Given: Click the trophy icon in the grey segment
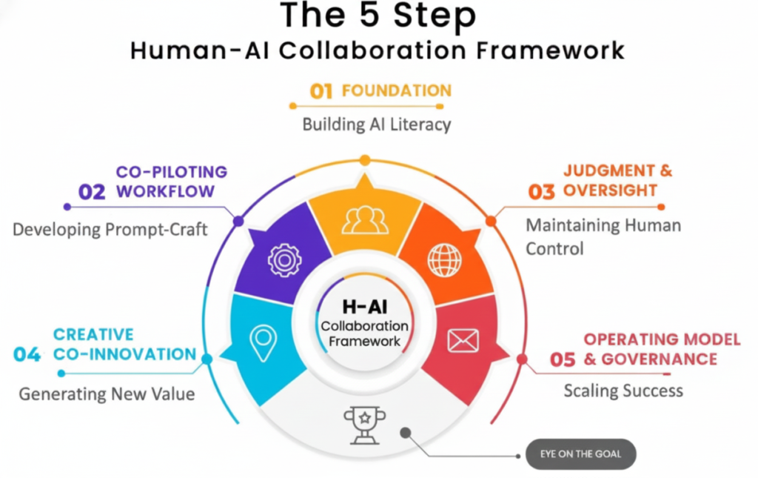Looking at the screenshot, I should [x=363, y=424].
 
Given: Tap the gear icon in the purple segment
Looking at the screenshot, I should [x=284, y=259].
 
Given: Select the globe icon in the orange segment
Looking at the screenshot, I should [x=444, y=259].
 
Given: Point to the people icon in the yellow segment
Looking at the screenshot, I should [x=364, y=219].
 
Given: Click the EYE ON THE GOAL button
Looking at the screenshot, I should [x=580, y=454].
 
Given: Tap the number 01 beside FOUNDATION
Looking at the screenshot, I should [x=321, y=91].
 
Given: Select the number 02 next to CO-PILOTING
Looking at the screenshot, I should [x=92, y=192].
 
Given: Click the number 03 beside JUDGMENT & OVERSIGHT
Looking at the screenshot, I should [x=541, y=192].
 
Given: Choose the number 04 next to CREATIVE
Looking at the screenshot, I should [x=27, y=355].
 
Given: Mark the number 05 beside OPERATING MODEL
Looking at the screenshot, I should [x=563, y=360].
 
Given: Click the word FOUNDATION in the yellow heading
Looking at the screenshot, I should [x=396, y=90].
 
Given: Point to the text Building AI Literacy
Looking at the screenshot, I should [x=377, y=125].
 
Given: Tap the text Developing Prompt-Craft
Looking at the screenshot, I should [x=110, y=230].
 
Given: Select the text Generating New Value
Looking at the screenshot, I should [x=107, y=394].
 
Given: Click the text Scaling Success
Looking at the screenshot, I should [x=623, y=390].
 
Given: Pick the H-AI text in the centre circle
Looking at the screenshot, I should [x=364, y=307].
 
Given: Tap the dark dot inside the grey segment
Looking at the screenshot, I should [x=404, y=431].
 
